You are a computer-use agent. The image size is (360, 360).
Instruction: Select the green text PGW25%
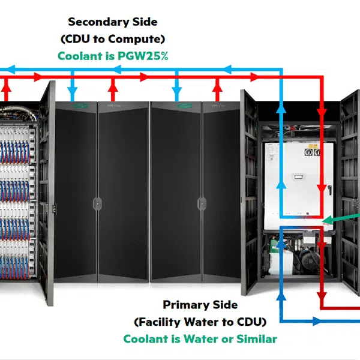[146, 56]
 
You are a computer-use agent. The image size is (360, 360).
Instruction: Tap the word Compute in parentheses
[142, 39]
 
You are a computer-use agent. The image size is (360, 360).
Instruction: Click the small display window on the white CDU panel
[298, 176]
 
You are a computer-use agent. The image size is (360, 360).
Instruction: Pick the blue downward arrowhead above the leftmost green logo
[72, 96]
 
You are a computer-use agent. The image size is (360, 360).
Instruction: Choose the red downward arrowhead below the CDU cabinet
[322, 297]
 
